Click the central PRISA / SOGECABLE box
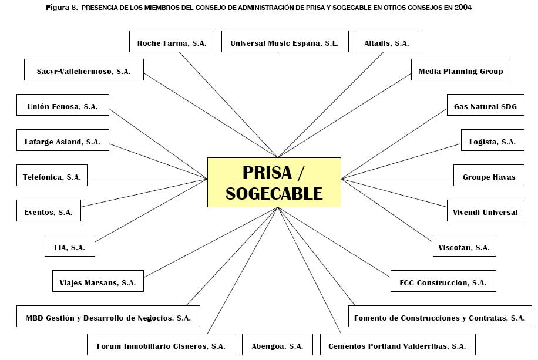tap(274, 182)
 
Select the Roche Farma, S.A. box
tap(172, 43)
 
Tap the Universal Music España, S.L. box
tap(284, 43)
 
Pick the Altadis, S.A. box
tap(386, 43)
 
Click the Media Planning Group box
tap(460, 71)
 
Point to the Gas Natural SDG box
tap(485, 107)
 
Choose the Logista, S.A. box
tap(492, 142)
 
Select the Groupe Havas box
tap(489, 177)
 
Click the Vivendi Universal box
tap(485, 212)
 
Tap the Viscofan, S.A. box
tap(463, 247)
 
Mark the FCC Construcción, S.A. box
tap(443, 282)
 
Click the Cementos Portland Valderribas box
tap(397, 346)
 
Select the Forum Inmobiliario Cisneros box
tap(161, 346)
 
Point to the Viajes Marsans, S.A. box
tap(97, 282)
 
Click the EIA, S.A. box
tap(70, 247)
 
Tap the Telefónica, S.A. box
tap(52, 176)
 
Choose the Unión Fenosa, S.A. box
tap(62, 106)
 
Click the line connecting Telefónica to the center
tap(147, 179)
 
